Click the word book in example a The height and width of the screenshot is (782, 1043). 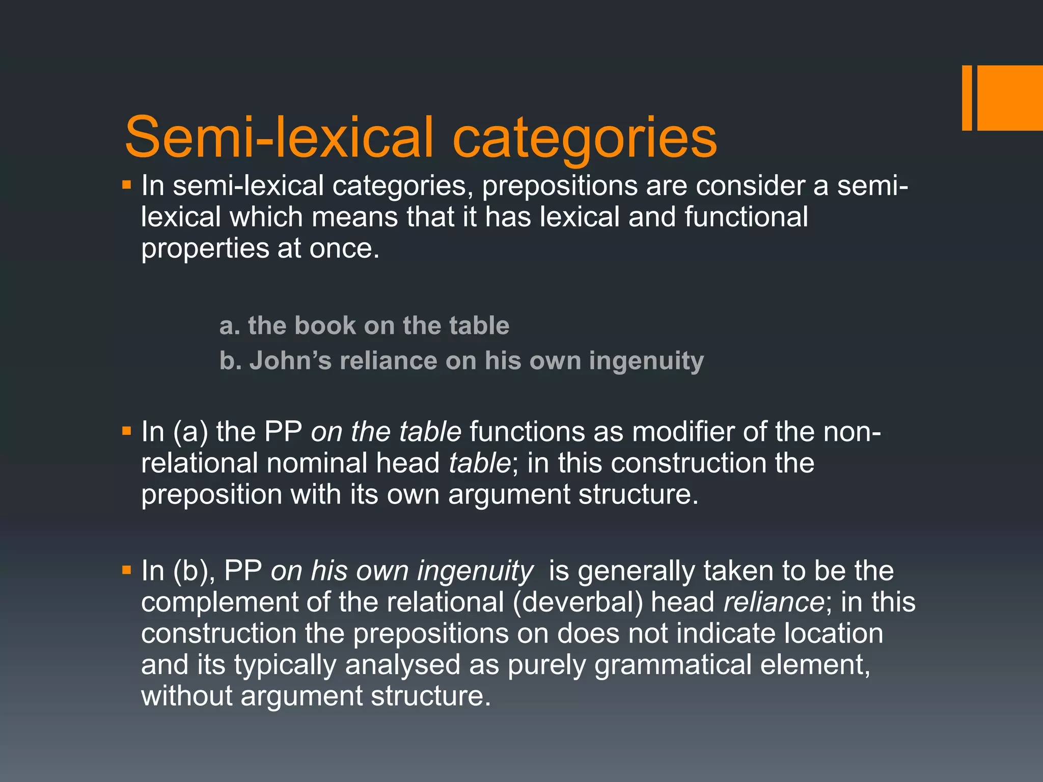click(325, 326)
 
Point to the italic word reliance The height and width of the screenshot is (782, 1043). click(773, 602)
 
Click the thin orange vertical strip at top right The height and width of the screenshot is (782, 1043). click(967, 98)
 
